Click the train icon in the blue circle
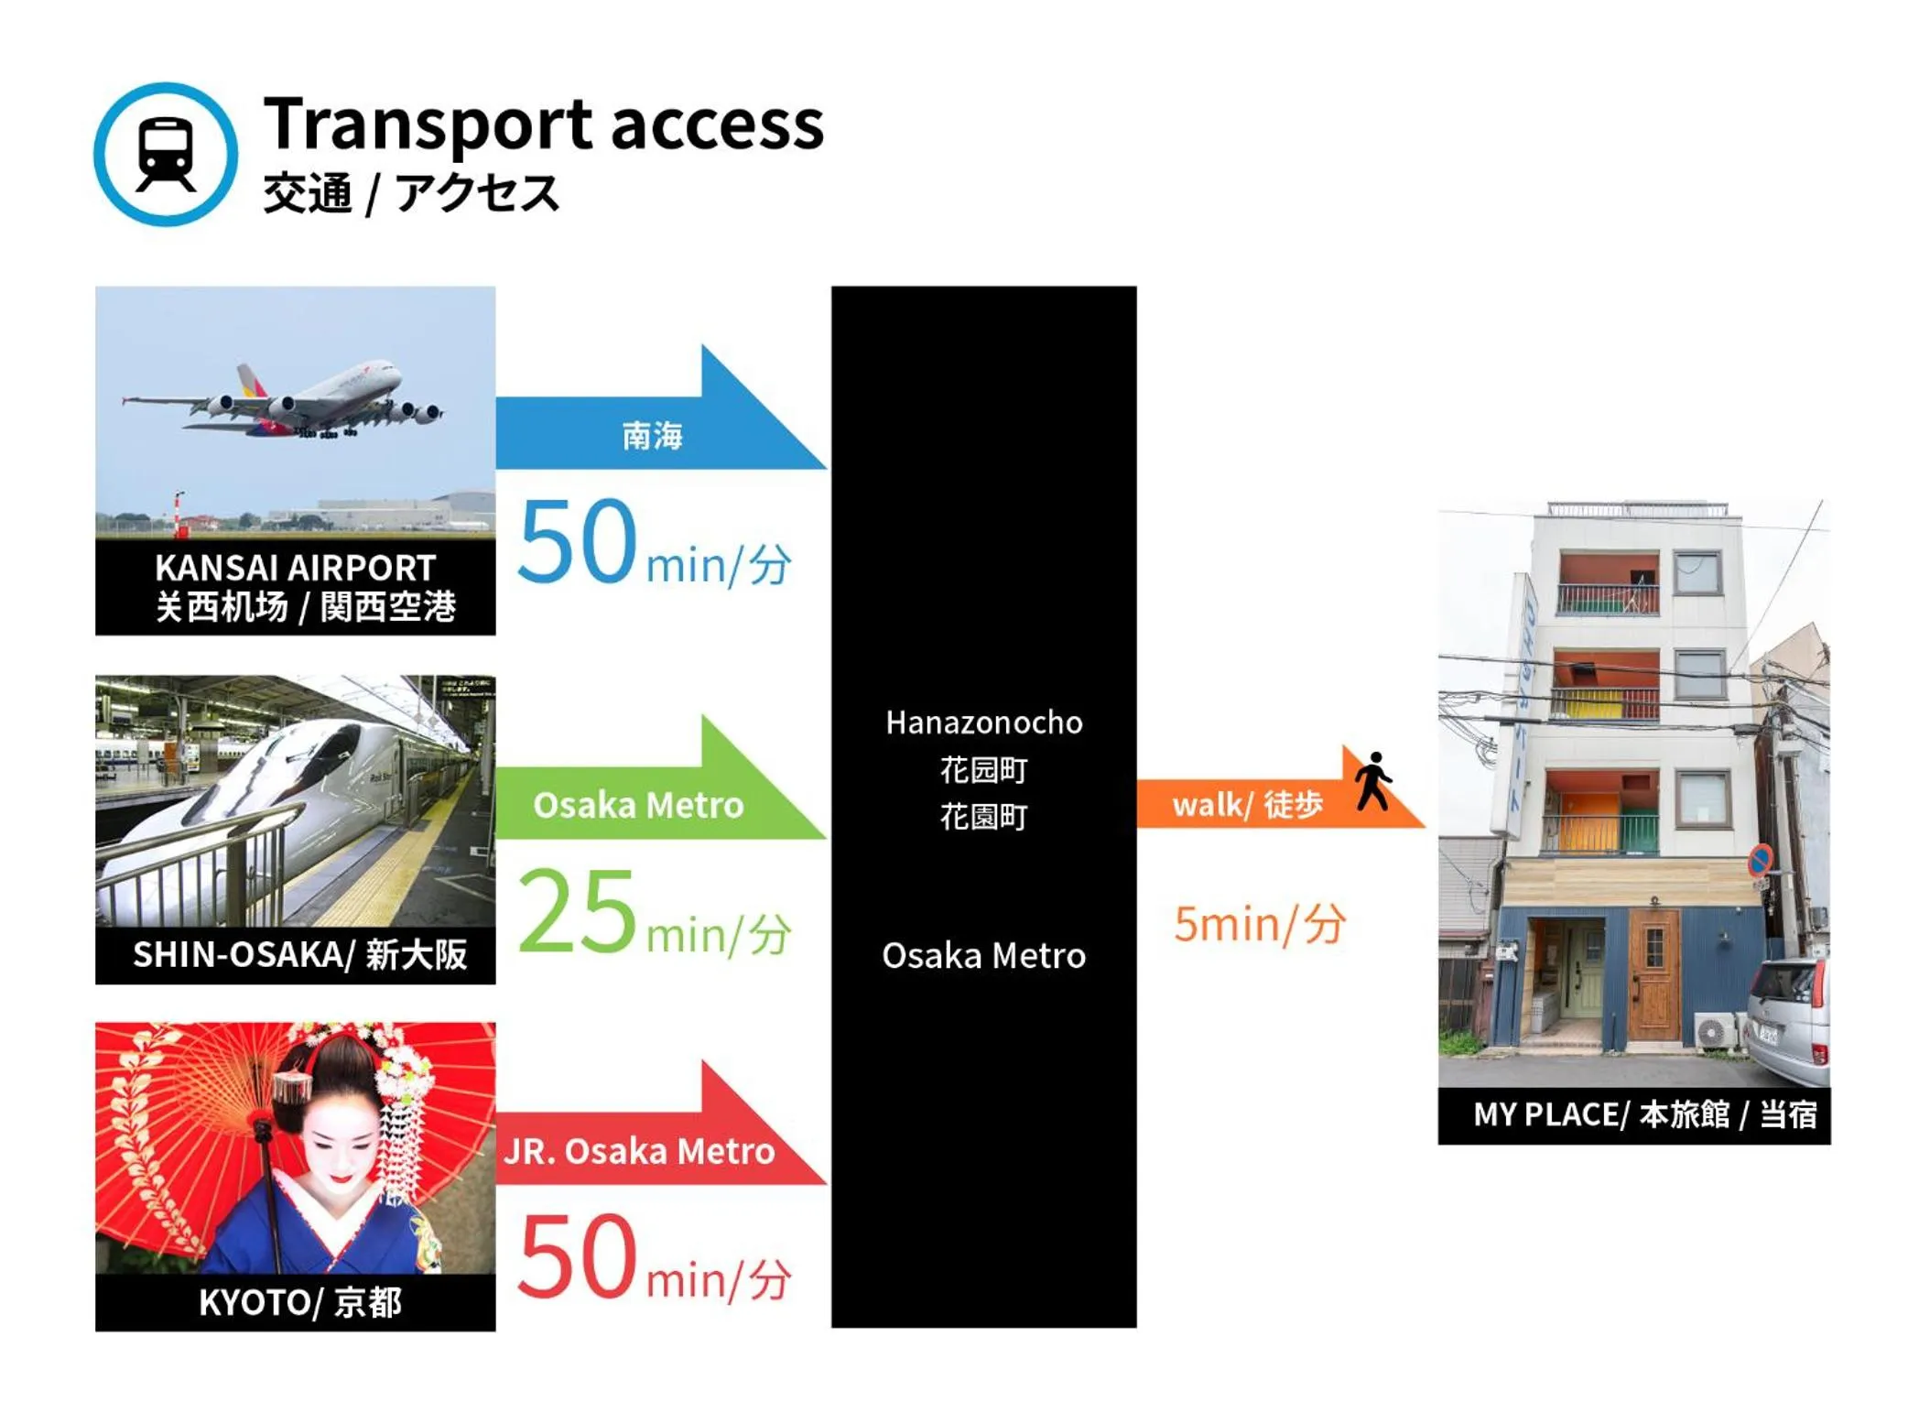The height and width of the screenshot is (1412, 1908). (x=165, y=154)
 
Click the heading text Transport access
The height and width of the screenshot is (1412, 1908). (x=543, y=124)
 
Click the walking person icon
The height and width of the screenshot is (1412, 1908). (x=1372, y=781)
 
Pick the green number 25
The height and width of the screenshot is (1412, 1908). (x=577, y=910)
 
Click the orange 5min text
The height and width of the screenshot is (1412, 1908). (x=1259, y=923)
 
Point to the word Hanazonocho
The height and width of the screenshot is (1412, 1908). (x=983, y=722)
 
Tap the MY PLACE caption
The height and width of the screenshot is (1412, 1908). (x=1642, y=1114)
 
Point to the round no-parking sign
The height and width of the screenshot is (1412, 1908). (x=1759, y=860)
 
